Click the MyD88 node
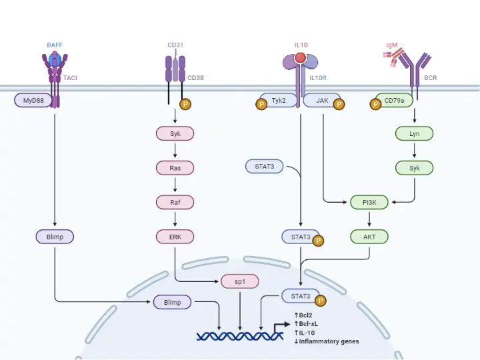(x=33, y=101)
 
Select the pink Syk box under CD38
(x=175, y=134)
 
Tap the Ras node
(x=175, y=168)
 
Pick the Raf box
(x=175, y=201)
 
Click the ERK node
(x=175, y=236)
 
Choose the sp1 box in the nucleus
(x=239, y=281)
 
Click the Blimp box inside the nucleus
(x=172, y=302)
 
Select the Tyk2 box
(x=278, y=101)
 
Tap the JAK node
(x=322, y=101)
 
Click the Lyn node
(x=414, y=134)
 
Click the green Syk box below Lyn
(x=414, y=168)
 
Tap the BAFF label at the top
(x=55, y=45)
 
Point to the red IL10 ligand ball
(x=301, y=58)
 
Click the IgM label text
(x=392, y=45)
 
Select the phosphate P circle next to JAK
(x=339, y=104)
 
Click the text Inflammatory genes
(x=329, y=341)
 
